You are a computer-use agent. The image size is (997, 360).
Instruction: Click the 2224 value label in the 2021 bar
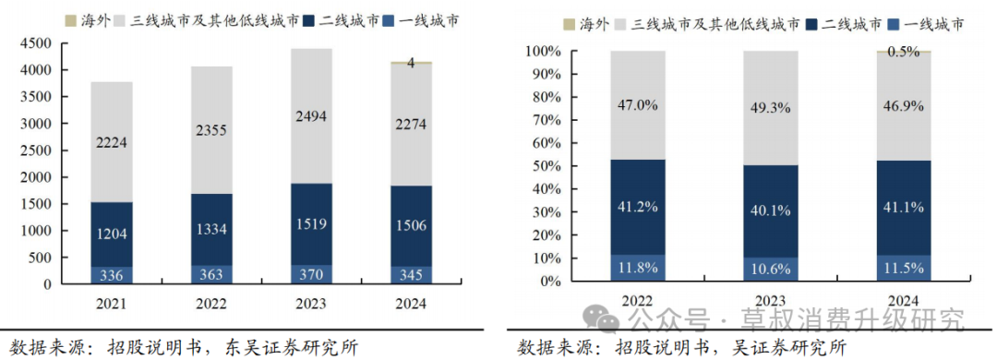(112, 142)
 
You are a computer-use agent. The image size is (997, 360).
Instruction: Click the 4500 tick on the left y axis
(38, 44)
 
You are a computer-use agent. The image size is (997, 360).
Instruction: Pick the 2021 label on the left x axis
(112, 305)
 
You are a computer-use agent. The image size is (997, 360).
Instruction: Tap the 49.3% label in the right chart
(770, 108)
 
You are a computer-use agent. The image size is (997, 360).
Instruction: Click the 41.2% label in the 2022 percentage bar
(638, 208)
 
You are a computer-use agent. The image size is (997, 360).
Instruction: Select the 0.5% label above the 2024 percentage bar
(903, 53)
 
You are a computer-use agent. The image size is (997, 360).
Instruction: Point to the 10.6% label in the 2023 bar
(770, 269)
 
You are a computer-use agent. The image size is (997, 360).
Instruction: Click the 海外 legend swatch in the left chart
(70, 19)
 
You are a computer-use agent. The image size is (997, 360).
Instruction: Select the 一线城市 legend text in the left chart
(430, 20)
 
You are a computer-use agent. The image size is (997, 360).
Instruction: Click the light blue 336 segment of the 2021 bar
(112, 275)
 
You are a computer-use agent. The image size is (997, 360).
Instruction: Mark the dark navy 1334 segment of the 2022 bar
(211, 230)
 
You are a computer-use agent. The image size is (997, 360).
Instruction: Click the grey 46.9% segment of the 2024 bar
(903, 106)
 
